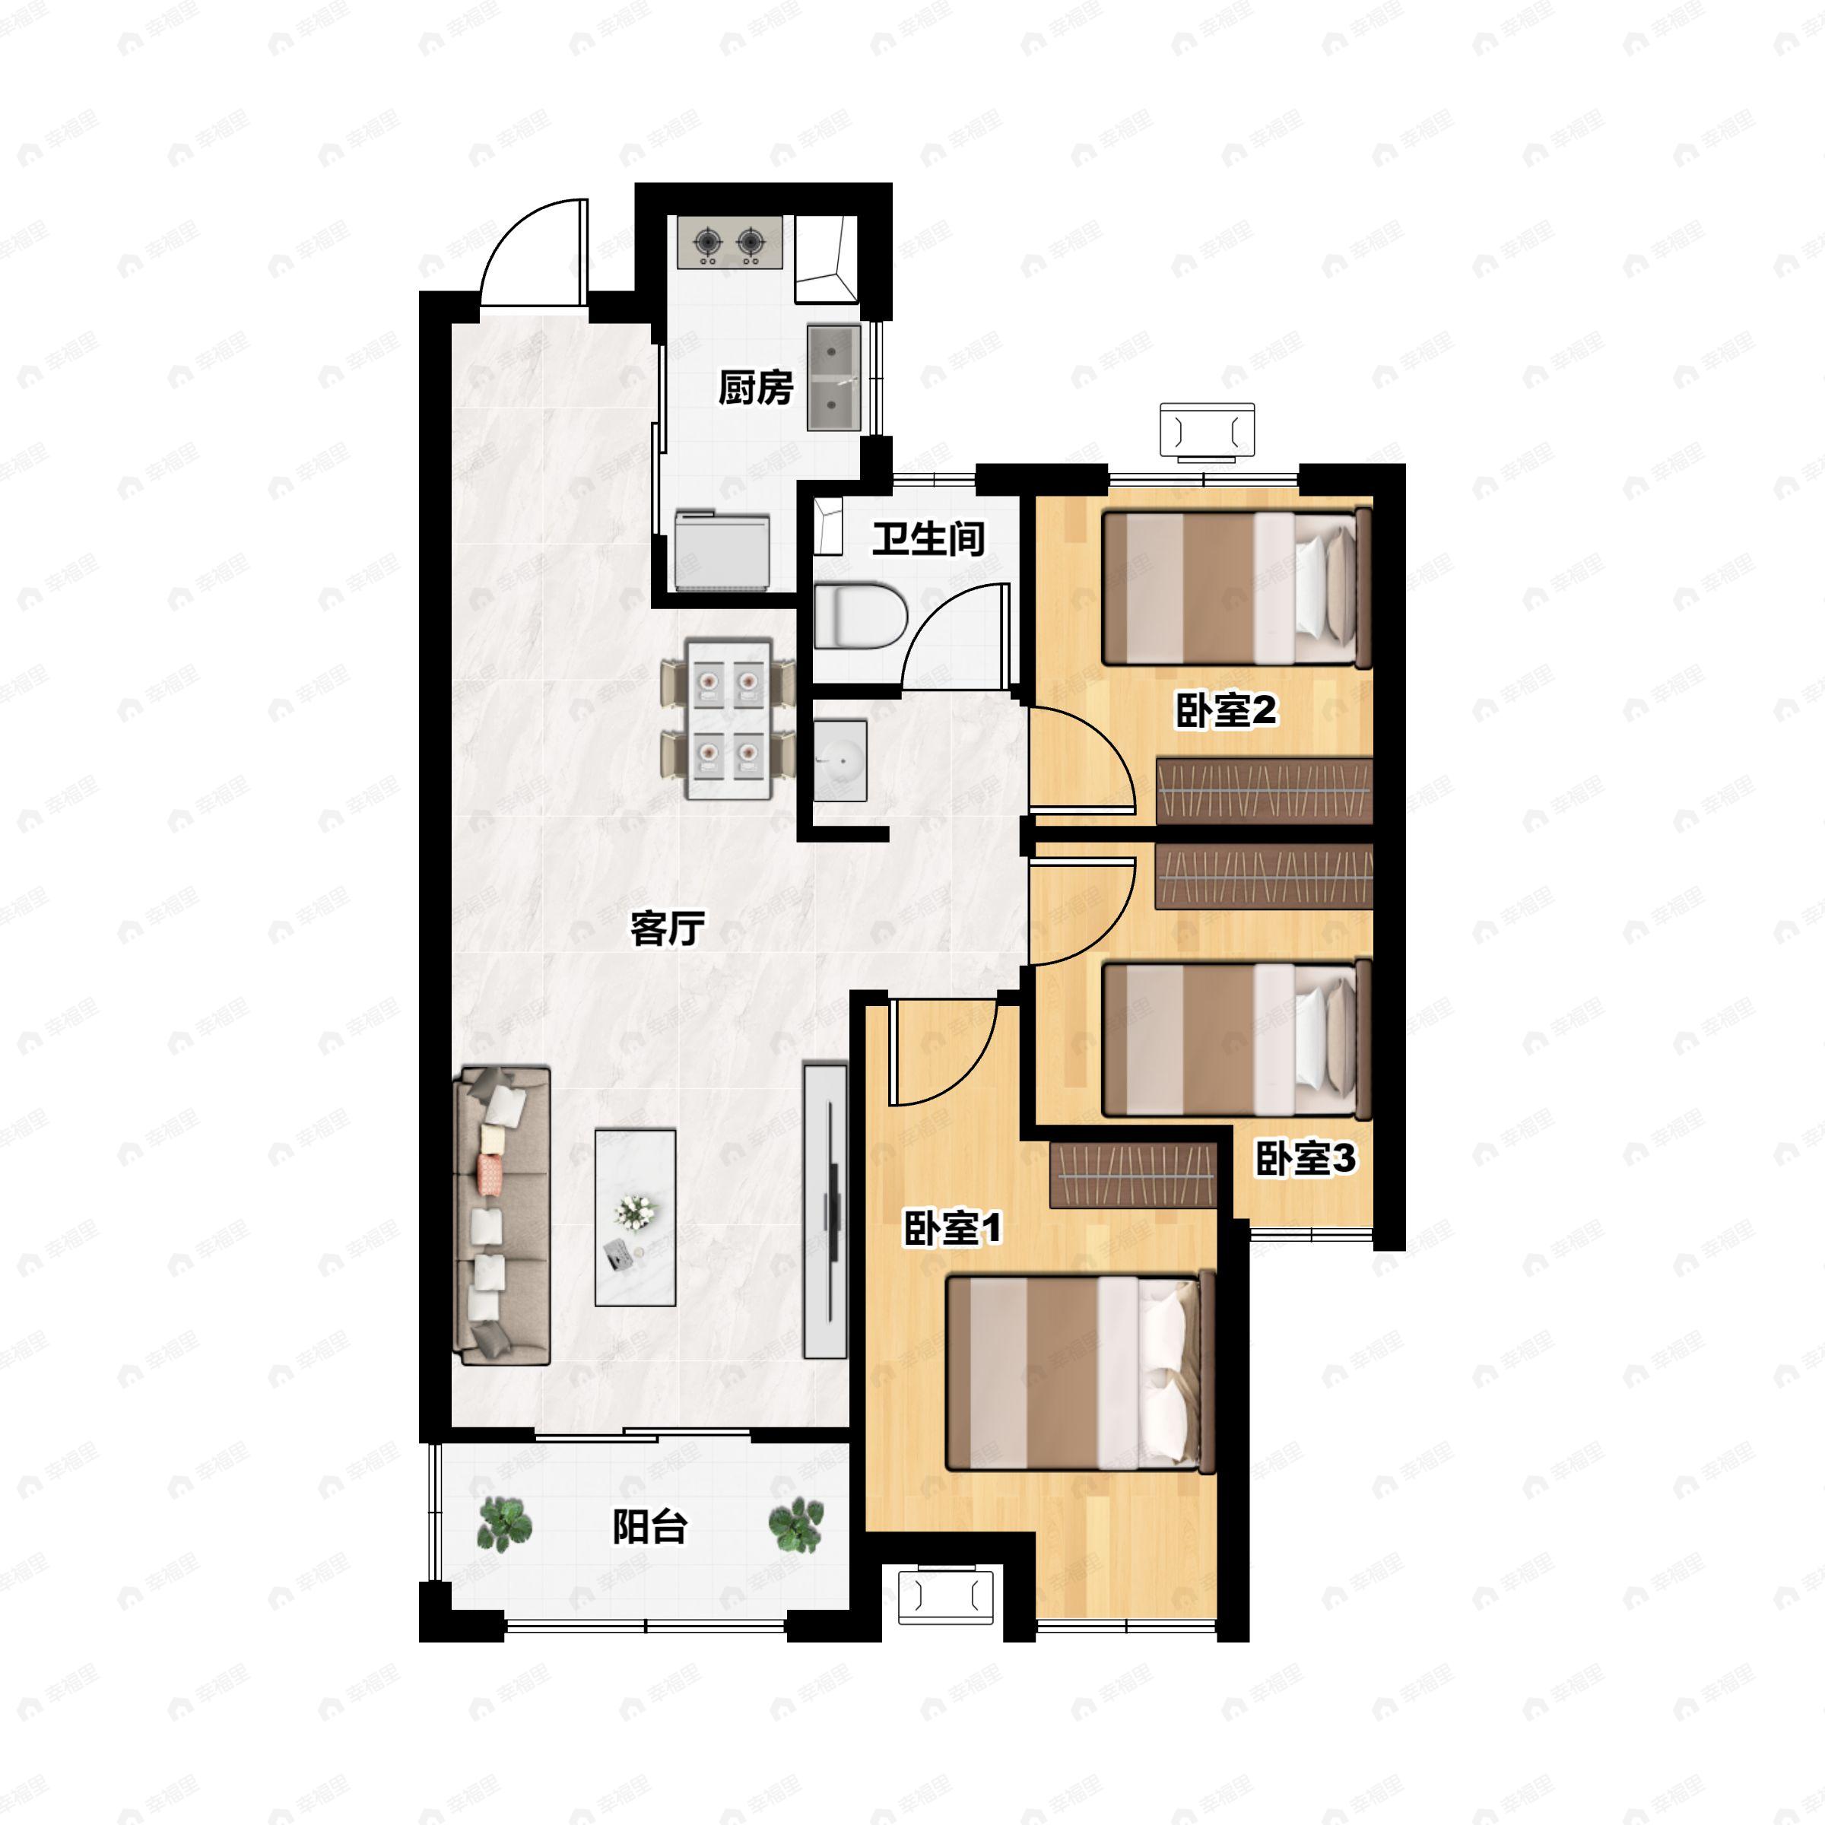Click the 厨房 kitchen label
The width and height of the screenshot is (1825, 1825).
coord(756,387)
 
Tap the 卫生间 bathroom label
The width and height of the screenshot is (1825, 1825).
coord(928,538)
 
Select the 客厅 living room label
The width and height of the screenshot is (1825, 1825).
coord(668,928)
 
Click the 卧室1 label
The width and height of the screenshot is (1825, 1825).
coord(952,1229)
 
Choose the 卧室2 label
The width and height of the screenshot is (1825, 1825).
coord(1225,710)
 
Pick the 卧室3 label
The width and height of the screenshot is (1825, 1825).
coord(1306,1158)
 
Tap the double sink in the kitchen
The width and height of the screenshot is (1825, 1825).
coord(834,378)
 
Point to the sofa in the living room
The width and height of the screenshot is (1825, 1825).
coord(502,1216)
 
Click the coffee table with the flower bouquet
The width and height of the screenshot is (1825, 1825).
coord(635,1217)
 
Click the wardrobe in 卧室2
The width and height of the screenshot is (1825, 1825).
coord(1265,791)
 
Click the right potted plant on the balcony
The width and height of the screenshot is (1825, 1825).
coord(795,1524)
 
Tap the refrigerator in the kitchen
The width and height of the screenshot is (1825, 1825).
coord(722,551)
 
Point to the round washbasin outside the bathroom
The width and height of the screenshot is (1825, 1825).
coord(839,760)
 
